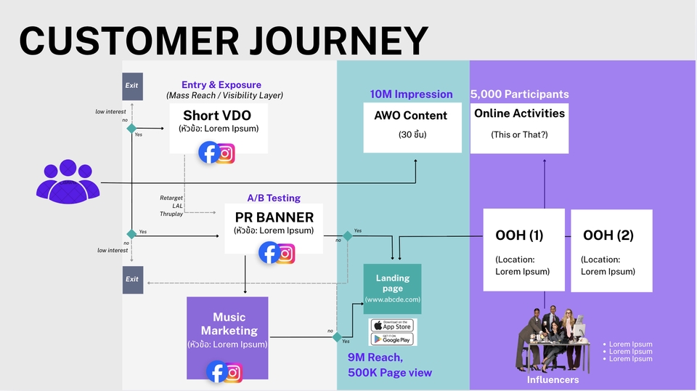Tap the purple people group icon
click(68, 180)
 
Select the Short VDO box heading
click(216, 116)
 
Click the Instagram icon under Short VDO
click(226, 153)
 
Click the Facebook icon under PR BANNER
click(269, 252)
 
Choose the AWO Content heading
click(411, 116)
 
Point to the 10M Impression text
click(411, 94)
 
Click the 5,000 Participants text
click(519, 94)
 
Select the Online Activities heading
click(519, 113)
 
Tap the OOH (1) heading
click(519, 235)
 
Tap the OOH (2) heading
click(608, 235)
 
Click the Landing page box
click(392, 288)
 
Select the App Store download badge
click(393, 325)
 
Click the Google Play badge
click(393, 339)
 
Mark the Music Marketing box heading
click(229, 324)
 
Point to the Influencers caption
click(553, 379)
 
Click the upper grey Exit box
click(132, 86)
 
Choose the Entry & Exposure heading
click(222, 85)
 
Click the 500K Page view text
click(389, 373)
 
